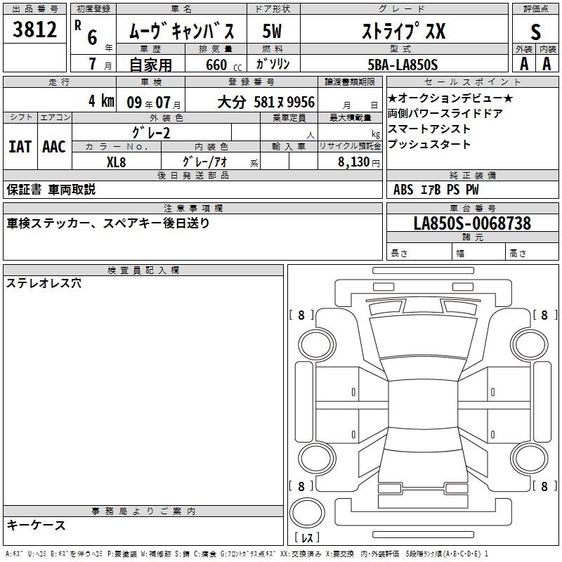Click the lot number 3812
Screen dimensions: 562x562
(34, 30)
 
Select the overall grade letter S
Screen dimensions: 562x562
(535, 32)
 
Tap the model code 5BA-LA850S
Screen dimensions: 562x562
(403, 65)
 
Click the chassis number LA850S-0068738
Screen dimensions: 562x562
(472, 223)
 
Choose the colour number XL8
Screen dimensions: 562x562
(116, 162)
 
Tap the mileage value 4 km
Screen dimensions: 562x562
(101, 100)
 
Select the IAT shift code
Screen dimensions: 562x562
(20, 147)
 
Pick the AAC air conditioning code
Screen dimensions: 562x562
(54, 147)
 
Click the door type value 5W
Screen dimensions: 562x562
(272, 31)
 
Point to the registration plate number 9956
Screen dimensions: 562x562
(301, 102)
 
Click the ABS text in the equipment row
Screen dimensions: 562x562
(403, 190)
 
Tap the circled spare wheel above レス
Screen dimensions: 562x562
(307, 512)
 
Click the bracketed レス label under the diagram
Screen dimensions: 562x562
(307, 537)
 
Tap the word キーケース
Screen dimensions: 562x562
(37, 525)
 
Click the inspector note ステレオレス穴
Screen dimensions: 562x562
(44, 283)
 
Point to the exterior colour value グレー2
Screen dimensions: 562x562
(151, 133)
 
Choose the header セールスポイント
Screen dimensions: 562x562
(472, 82)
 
